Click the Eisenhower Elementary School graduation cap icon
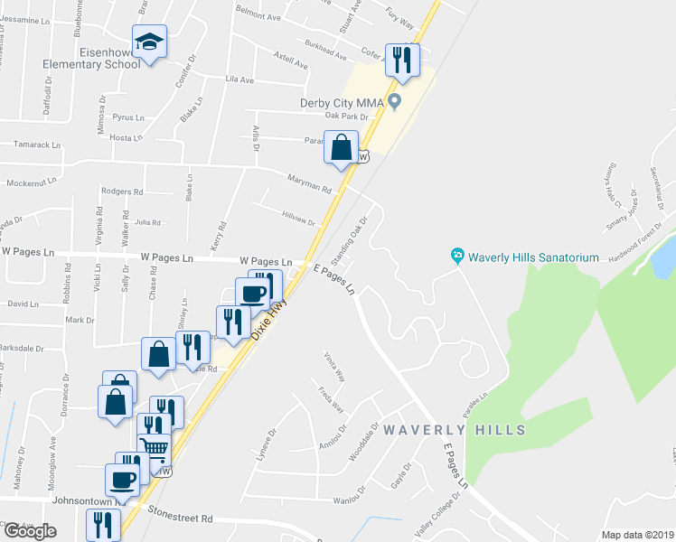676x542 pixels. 150,42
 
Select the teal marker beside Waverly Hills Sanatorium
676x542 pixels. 458,257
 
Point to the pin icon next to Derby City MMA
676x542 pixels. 395,101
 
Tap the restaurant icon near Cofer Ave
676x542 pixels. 402,61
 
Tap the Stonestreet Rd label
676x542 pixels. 181,519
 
